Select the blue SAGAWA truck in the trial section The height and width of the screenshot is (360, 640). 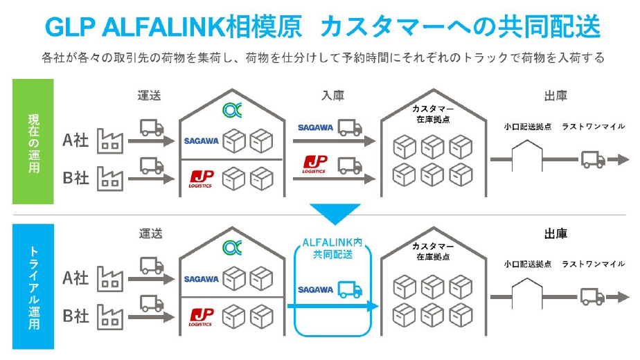350,289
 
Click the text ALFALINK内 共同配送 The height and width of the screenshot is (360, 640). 335,250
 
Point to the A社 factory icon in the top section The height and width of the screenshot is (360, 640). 109,141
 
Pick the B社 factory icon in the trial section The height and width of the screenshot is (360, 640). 109,315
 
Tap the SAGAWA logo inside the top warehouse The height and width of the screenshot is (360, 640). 202,141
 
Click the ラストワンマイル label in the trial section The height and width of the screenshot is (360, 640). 593,264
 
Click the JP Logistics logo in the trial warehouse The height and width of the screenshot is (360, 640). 202,316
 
